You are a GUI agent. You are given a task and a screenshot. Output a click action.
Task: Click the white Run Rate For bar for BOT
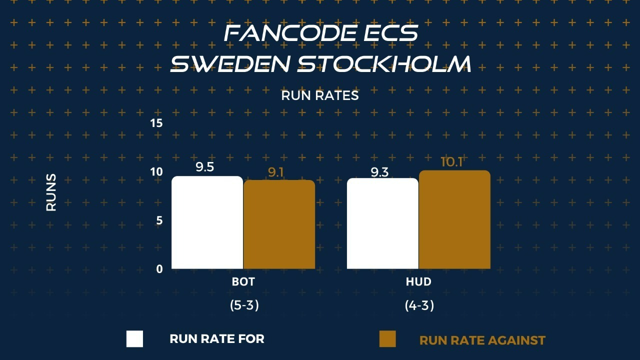pyautogui.click(x=207, y=222)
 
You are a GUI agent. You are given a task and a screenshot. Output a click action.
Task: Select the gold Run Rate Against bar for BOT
pyautogui.click(x=279, y=224)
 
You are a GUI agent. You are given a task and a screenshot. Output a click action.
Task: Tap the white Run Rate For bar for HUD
pyautogui.click(x=382, y=223)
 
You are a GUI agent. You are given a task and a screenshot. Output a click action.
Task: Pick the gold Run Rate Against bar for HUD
pyautogui.click(x=454, y=219)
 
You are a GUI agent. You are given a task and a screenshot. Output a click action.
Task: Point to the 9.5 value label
pyautogui.click(x=204, y=167)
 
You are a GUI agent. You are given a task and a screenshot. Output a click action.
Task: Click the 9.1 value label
pyautogui.click(x=275, y=172)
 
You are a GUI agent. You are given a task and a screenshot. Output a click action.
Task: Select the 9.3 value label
pyautogui.click(x=379, y=172)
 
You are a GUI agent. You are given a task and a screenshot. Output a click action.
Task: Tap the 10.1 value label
pyautogui.click(x=451, y=162)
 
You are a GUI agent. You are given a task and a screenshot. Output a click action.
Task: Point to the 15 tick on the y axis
pyautogui.click(x=156, y=123)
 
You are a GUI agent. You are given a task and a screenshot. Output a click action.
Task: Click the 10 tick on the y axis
pyautogui.click(x=156, y=171)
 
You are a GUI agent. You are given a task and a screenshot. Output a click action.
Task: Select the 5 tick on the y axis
pyautogui.click(x=159, y=220)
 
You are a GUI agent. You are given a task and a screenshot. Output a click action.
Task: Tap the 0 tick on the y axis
pyautogui.click(x=159, y=269)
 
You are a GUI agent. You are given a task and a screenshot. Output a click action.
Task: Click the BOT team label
pyautogui.click(x=243, y=281)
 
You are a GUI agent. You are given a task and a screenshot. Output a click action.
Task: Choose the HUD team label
pyautogui.click(x=418, y=281)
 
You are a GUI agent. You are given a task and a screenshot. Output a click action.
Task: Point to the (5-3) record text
pyautogui.click(x=244, y=305)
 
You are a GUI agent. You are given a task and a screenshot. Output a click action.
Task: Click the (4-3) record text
pyautogui.click(x=419, y=305)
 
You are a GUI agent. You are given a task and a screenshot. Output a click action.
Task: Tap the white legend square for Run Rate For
pyautogui.click(x=134, y=339)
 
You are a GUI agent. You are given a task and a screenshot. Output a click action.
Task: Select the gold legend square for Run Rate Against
pyautogui.click(x=387, y=339)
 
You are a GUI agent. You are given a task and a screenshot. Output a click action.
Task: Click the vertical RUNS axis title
pyautogui.click(x=51, y=192)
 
